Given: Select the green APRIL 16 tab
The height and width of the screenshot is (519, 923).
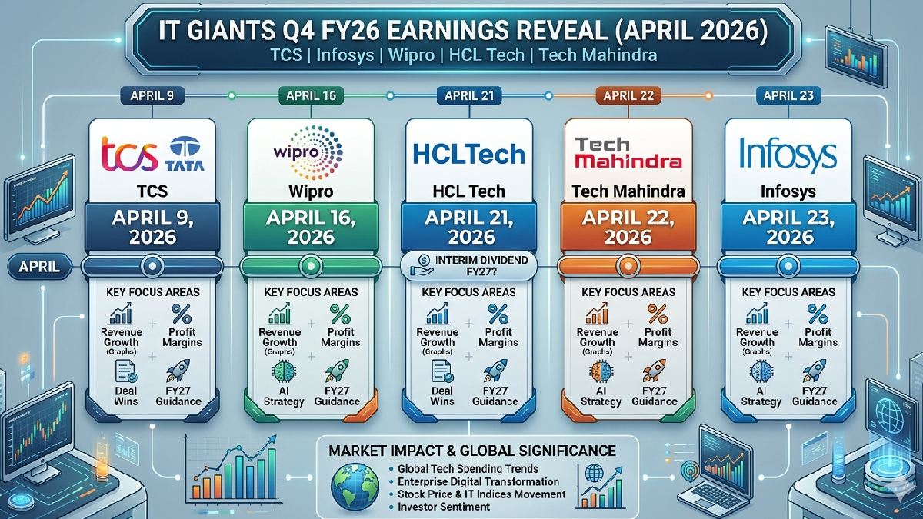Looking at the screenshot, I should [308, 96].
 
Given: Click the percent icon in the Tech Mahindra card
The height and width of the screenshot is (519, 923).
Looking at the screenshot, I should [657, 314].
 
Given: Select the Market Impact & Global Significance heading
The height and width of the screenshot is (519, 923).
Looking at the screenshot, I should [471, 449].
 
